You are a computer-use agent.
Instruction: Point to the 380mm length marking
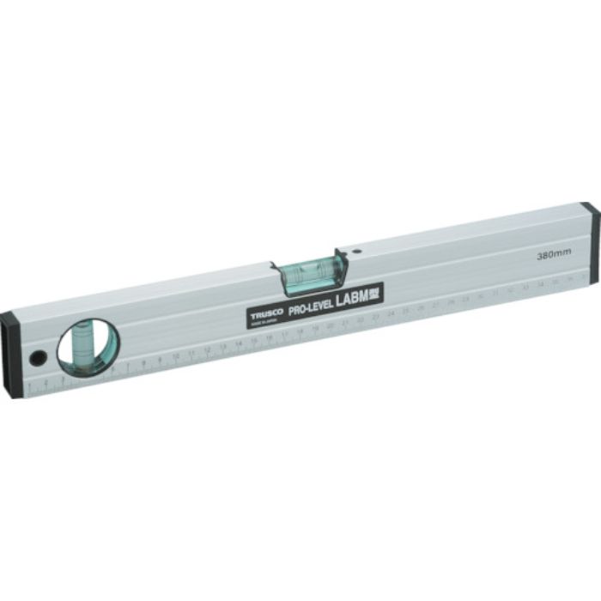click(x=549, y=255)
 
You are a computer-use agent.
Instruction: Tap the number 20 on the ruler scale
click(x=330, y=327)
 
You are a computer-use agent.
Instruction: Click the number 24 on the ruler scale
click(x=391, y=314)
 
